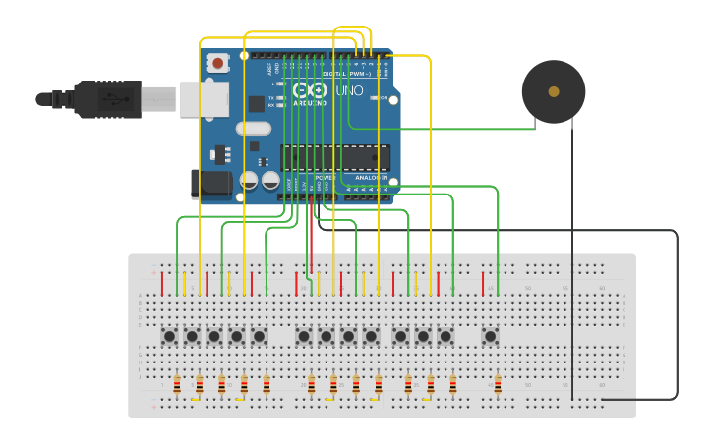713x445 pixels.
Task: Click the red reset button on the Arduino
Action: click(217, 63)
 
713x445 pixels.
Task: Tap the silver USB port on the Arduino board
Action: click(204, 99)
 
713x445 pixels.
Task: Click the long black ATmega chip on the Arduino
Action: click(335, 157)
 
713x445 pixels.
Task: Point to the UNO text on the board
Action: click(350, 90)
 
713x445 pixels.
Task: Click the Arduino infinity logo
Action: click(308, 89)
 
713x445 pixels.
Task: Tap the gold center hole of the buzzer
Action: click(554, 91)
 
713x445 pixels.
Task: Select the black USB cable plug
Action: click(108, 99)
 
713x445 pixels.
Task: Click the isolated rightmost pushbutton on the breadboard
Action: click(490, 336)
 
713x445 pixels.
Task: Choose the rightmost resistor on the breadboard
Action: click(498, 384)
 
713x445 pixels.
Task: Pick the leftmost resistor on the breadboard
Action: click(177, 384)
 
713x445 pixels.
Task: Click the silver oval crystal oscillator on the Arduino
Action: click(253, 128)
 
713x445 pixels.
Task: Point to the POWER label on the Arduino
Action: click(326, 178)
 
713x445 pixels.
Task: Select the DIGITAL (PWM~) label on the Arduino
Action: click(346, 74)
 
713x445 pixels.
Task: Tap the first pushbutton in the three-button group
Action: click(400, 336)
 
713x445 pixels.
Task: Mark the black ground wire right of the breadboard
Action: click(677, 314)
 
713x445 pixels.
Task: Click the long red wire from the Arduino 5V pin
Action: click(312, 236)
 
